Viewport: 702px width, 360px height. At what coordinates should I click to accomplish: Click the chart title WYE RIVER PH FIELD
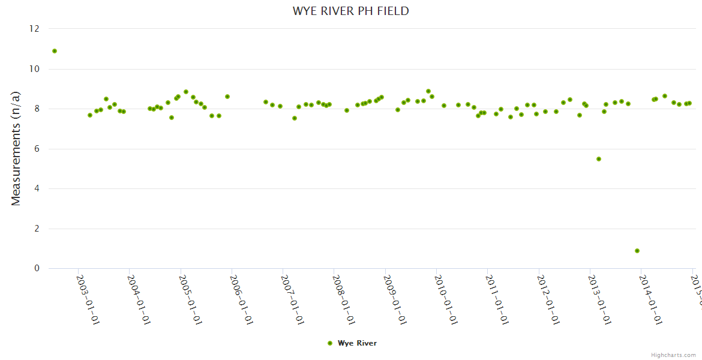(x=350, y=11)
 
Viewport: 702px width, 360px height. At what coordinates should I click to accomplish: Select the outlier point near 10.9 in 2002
(x=55, y=51)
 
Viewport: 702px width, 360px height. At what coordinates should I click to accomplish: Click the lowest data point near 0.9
(x=637, y=251)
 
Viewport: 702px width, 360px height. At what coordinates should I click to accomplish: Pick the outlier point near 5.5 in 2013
(x=599, y=159)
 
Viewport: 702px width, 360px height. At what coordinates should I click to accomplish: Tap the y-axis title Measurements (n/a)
(x=16, y=148)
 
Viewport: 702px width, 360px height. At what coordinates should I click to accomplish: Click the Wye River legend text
(x=357, y=343)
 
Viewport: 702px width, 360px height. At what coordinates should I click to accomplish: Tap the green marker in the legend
(x=330, y=343)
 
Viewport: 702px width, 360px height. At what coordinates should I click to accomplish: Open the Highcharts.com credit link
(x=674, y=355)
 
